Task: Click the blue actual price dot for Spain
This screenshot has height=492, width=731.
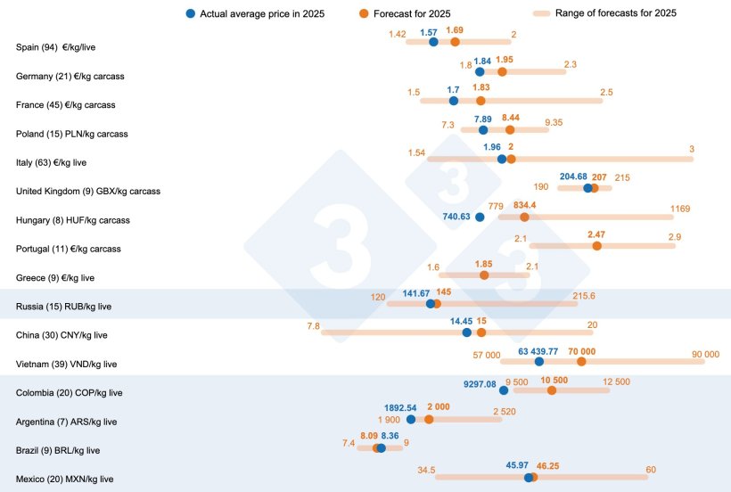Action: [x=433, y=42]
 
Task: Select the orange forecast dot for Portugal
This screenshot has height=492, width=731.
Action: [x=597, y=245]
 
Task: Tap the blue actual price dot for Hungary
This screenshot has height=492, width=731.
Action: [x=480, y=217]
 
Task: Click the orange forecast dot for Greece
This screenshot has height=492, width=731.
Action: [x=484, y=275]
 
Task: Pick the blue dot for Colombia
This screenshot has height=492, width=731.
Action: [x=504, y=389]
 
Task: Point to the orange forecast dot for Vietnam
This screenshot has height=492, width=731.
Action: [x=581, y=361]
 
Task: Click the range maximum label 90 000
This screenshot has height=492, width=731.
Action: [x=705, y=355]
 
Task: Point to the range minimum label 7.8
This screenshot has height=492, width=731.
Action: [x=313, y=326]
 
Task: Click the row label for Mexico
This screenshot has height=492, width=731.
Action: [x=65, y=479]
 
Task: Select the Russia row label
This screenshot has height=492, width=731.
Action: [x=62, y=307]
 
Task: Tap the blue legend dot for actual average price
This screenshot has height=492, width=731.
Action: [x=192, y=13]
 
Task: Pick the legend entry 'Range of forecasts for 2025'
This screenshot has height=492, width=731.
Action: [x=615, y=13]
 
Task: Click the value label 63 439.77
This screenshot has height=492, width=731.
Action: [x=538, y=351]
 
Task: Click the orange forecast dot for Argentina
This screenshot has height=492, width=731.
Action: [x=429, y=419]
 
